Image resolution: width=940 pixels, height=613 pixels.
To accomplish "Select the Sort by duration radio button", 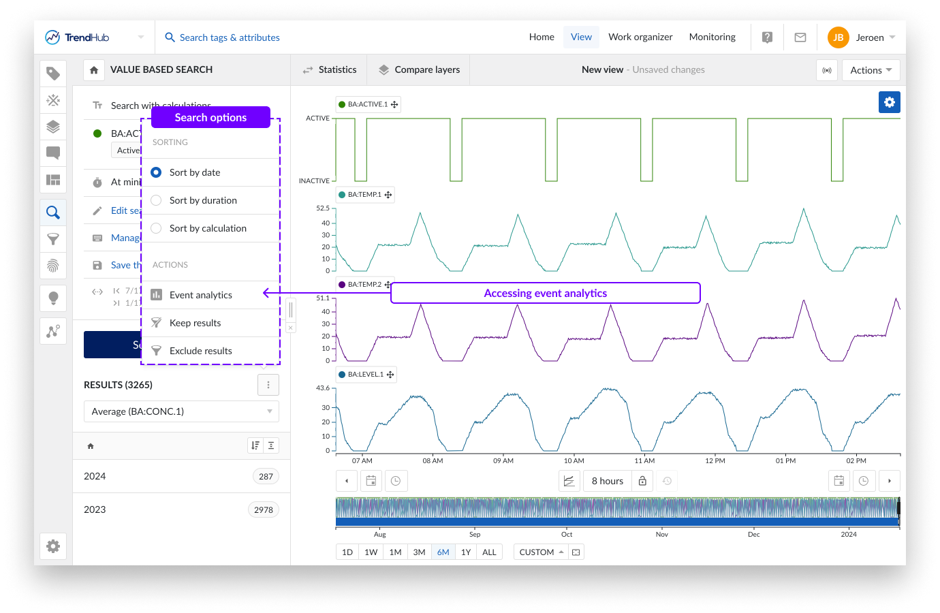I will click(x=156, y=200).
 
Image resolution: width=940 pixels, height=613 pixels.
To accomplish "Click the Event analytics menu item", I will click(x=200, y=295).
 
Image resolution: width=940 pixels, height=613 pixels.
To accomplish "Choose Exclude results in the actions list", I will click(x=200, y=351).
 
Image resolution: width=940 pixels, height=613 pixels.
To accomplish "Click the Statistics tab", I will click(x=330, y=69).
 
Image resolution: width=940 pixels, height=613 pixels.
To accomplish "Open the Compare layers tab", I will click(x=419, y=69).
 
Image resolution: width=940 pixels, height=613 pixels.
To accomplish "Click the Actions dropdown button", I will click(x=871, y=70).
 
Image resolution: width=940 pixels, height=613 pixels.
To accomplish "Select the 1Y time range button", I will click(x=466, y=552).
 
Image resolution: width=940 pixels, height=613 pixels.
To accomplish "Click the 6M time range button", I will click(x=443, y=552).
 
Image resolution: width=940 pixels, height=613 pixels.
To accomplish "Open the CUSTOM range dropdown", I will click(x=541, y=552).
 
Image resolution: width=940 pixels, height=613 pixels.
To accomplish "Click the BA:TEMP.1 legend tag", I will click(x=364, y=195).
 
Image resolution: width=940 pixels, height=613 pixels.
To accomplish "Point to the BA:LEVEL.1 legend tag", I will click(x=366, y=375).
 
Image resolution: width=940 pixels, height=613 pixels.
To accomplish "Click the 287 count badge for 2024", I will click(x=266, y=477).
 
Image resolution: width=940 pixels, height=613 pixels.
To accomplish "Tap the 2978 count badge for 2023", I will click(x=264, y=510).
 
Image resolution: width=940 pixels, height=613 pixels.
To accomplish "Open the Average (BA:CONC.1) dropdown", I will click(x=181, y=411).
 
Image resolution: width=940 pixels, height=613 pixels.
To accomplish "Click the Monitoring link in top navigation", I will click(x=712, y=37).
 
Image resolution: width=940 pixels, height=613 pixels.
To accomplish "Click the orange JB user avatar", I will click(x=838, y=37).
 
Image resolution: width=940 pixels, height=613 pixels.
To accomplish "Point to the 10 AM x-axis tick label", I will click(x=574, y=461).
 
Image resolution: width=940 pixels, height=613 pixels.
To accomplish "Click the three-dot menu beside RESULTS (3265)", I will click(x=268, y=385).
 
